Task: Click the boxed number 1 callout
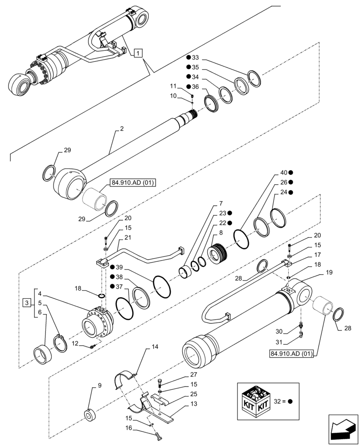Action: [139, 54]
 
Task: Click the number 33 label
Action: [195, 58]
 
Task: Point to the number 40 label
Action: [284, 173]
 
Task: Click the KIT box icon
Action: [255, 401]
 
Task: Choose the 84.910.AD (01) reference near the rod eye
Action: [131, 183]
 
